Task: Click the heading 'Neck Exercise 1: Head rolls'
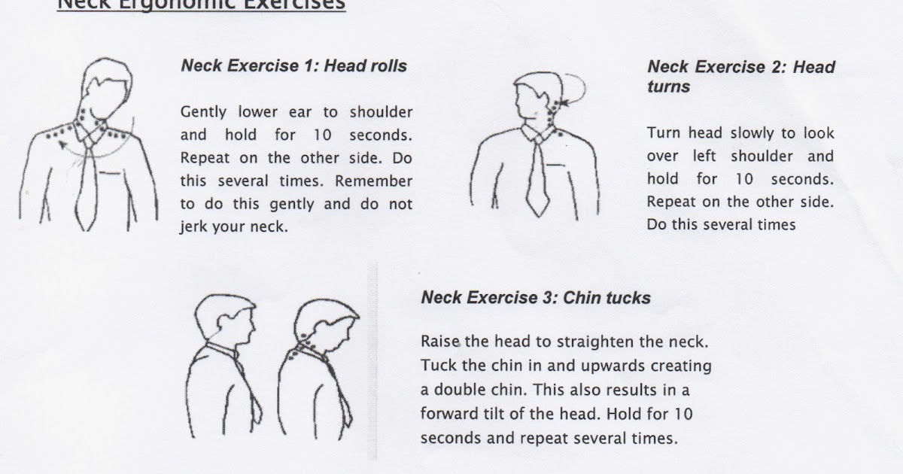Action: pyautogui.click(x=293, y=66)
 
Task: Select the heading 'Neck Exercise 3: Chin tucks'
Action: pyautogui.click(x=535, y=298)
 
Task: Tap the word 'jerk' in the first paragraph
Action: pyautogui.click(x=193, y=226)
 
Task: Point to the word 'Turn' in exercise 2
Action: pyautogui.click(x=662, y=133)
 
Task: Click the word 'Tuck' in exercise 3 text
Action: pyautogui.click(x=437, y=366)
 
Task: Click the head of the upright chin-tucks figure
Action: pyautogui.click(x=221, y=317)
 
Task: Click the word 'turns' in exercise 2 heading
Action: pyautogui.click(x=668, y=87)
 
